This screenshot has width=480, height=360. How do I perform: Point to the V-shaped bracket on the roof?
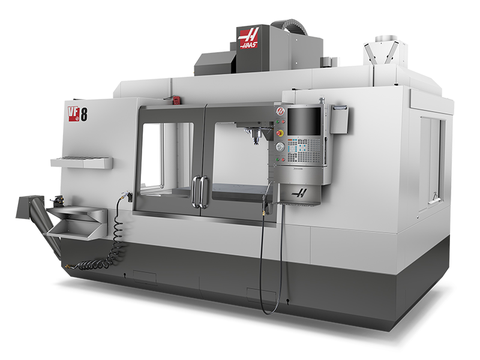379,52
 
